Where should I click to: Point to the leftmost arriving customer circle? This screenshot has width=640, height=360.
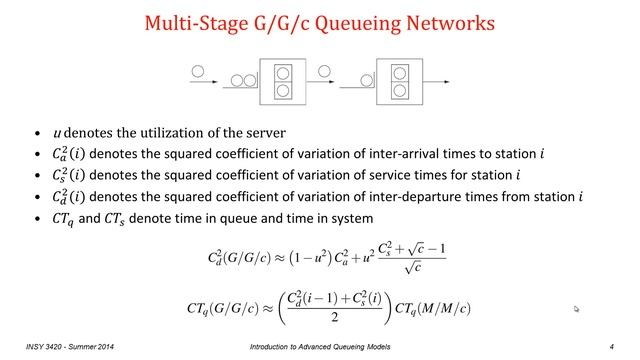click(197, 72)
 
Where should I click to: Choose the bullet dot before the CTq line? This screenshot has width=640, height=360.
click(38, 219)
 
